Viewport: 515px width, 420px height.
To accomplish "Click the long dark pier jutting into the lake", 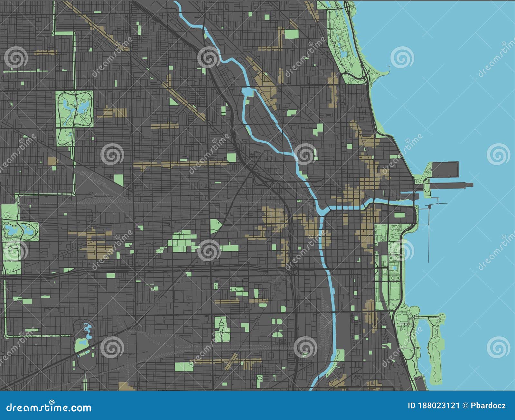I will (451, 185).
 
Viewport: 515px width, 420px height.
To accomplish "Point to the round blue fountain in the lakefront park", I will (394, 267).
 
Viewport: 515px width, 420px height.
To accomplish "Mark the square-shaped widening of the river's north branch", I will (247, 92).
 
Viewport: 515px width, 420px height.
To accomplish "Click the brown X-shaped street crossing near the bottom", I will (234, 359).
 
